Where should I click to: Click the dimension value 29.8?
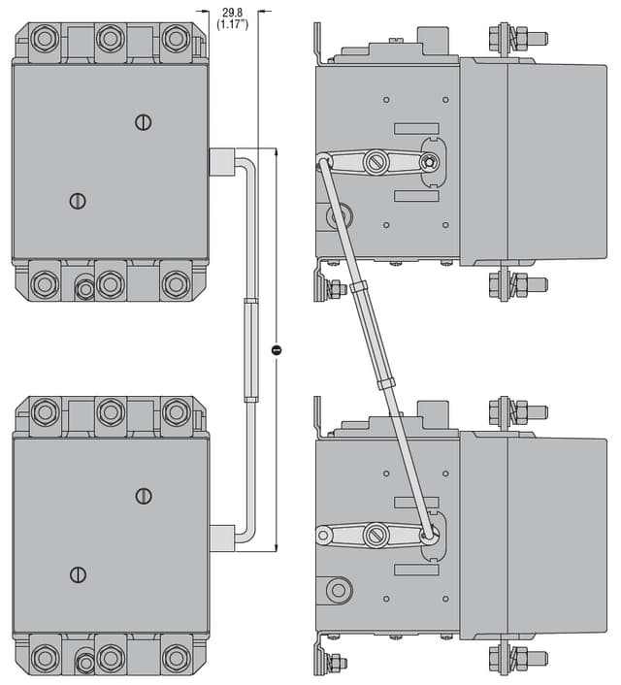pyautogui.click(x=233, y=12)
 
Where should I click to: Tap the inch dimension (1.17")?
pyautogui.click(x=233, y=24)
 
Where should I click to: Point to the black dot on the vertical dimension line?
pyautogui.click(x=277, y=349)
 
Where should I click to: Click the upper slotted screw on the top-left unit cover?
pyautogui.click(x=144, y=121)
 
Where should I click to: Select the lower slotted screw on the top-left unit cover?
pyautogui.click(x=79, y=201)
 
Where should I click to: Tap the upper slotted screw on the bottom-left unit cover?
pyautogui.click(x=144, y=496)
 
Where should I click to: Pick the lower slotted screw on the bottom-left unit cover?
pyautogui.click(x=79, y=574)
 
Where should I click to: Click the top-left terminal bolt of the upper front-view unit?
pyautogui.click(x=45, y=39)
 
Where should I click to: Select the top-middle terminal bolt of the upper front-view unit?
pyautogui.click(x=110, y=39)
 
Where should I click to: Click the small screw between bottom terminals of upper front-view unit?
pyautogui.click(x=85, y=287)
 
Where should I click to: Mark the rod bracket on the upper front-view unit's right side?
pyautogui.click(x=221, y=161)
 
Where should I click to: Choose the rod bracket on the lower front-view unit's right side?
pyautogui.click(x=221, y=538)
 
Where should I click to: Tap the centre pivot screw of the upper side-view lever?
pyautogui.click(x=376, y=162)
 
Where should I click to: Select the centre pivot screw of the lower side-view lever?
pyautogui.click(x=376, y=535)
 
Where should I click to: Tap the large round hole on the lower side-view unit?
pyautogui.click(x=339, y=589)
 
